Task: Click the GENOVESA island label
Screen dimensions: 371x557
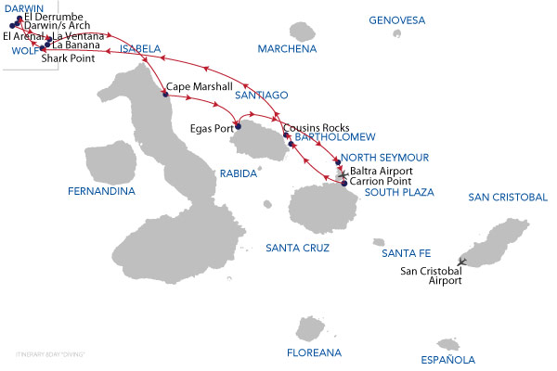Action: (396, 19)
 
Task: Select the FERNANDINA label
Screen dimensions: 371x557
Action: (101, 192)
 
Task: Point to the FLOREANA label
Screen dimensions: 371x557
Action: (313, 352)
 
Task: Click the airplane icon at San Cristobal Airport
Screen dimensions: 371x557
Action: (462, 262)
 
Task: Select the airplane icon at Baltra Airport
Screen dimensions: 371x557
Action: (343, 173)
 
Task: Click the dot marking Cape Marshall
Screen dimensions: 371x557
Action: (165, 94)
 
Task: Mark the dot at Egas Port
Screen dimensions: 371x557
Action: (238, 127)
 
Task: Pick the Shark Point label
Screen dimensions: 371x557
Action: (68, 58)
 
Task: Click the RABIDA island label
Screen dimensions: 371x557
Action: (237, 173)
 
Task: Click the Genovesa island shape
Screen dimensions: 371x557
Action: (397, 34)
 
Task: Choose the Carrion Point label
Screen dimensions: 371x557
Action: (382, 182)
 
